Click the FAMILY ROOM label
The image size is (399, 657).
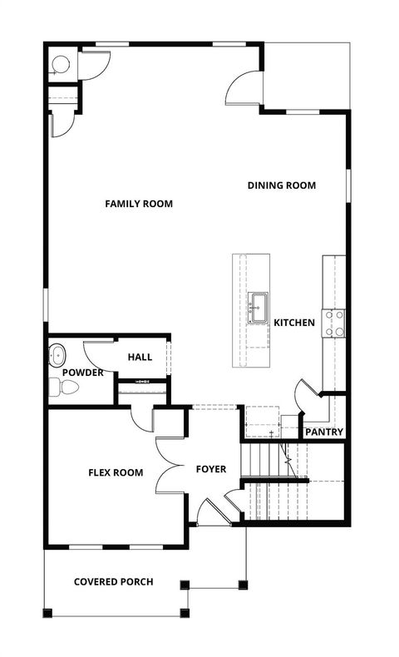click(x=139, y=204)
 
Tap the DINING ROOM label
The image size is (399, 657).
click(x=281, y=185)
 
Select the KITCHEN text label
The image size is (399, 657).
click(x=294, y=323)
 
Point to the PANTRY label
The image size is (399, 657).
click(x=324, y=432)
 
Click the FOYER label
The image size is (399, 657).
click(x=211, y=470)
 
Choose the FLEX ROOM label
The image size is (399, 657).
click(x=116, y=473)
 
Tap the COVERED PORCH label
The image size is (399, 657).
click(x=113, y=581)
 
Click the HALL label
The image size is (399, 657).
click(x=140, y=357)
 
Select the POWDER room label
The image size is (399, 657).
click(x=82, y=373)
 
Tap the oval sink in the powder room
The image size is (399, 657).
click(x=58, y=353)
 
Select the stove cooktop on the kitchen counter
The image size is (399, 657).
click(x=334, y=323)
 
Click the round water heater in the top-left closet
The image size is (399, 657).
click(x=60, y=64)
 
